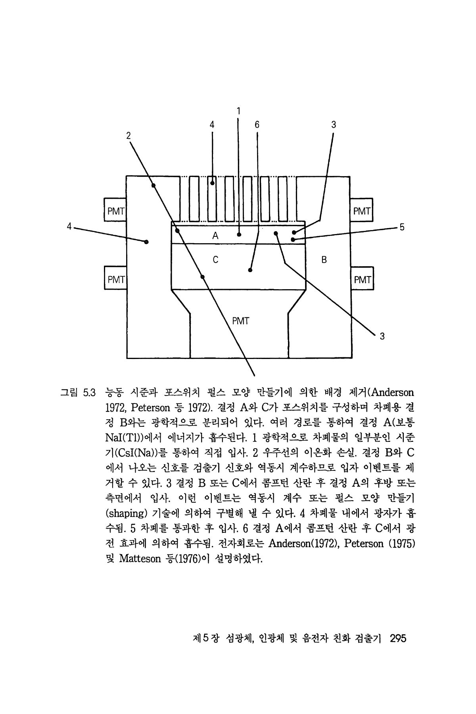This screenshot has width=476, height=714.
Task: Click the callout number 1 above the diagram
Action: click(238, 111)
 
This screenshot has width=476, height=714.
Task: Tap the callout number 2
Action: click(128, 135)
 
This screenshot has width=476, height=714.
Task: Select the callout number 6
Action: click(257, 125)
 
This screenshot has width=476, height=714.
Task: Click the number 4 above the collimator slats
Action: click(212, 125)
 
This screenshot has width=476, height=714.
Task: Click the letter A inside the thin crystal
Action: click(215, 236)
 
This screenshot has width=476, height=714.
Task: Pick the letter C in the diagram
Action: click(215, 260)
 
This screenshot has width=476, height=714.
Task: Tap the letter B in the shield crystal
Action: click(324, 260)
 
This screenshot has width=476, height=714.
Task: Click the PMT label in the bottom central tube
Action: click(240, 321)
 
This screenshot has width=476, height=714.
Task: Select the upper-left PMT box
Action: click(115, 211)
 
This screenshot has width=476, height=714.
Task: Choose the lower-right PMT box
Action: click(362, 280)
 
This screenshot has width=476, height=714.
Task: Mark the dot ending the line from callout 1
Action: click(239, 234)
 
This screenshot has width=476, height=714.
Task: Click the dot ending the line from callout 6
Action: click(250, 271)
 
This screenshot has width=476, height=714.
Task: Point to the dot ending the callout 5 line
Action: click(293, 240)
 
